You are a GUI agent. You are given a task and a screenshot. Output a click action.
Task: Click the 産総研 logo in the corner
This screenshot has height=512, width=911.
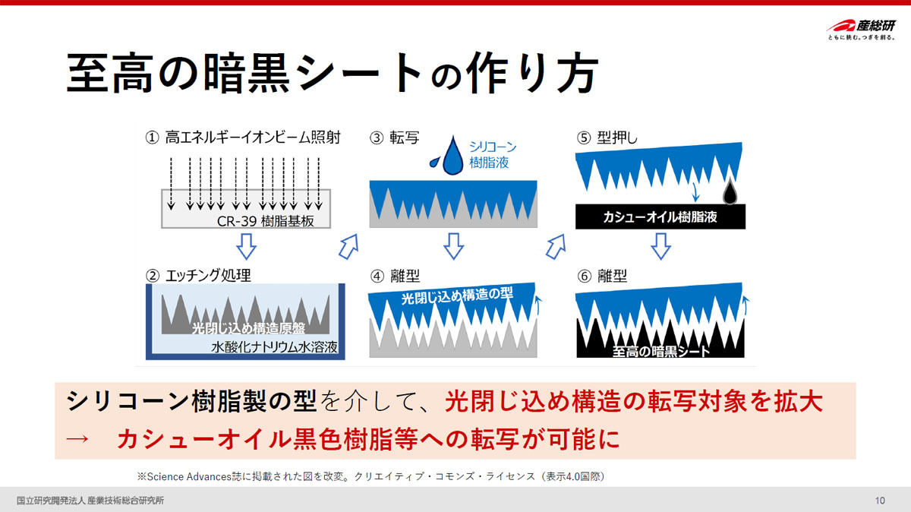(862, 29)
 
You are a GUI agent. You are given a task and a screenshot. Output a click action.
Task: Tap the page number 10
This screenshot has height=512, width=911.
(880, 500)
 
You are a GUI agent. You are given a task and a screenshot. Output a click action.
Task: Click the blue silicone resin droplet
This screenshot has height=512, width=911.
(452, 156)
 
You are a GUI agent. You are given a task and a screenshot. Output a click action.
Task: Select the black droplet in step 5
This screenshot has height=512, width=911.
(730, 191)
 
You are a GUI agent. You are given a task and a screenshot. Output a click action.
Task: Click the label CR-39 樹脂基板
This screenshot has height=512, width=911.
(265, 221)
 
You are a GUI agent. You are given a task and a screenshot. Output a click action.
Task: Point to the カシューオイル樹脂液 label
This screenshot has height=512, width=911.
(660, 217)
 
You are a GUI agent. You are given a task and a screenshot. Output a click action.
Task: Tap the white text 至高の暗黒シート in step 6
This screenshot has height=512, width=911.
(661, 351)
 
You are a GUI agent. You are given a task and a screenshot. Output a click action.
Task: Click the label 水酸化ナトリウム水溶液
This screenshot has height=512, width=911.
(274, 346)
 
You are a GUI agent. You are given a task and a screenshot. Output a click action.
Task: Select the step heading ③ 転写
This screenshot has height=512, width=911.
(394, 137)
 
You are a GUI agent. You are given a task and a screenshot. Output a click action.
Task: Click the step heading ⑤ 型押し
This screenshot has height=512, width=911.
(607, 137)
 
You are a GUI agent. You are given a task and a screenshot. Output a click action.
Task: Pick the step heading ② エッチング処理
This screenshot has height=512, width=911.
(198, 276)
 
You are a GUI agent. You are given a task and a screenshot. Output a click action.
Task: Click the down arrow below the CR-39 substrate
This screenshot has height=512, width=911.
(247, 246)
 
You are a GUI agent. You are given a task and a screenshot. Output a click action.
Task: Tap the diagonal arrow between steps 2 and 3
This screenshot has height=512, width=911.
(349, 247)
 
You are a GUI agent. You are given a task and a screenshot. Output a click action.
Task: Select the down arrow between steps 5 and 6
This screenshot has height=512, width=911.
(661, 246)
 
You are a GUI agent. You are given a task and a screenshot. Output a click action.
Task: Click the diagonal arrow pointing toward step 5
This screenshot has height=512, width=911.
(556, 247)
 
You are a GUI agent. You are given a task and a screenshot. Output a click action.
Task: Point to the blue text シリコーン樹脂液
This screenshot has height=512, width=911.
(493, 155)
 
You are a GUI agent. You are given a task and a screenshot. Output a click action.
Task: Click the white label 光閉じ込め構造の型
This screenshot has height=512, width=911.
(457, 296)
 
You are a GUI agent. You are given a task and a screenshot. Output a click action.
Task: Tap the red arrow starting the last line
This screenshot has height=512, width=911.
(77, 439)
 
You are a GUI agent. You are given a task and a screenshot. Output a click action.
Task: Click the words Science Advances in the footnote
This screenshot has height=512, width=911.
(189, 476)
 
